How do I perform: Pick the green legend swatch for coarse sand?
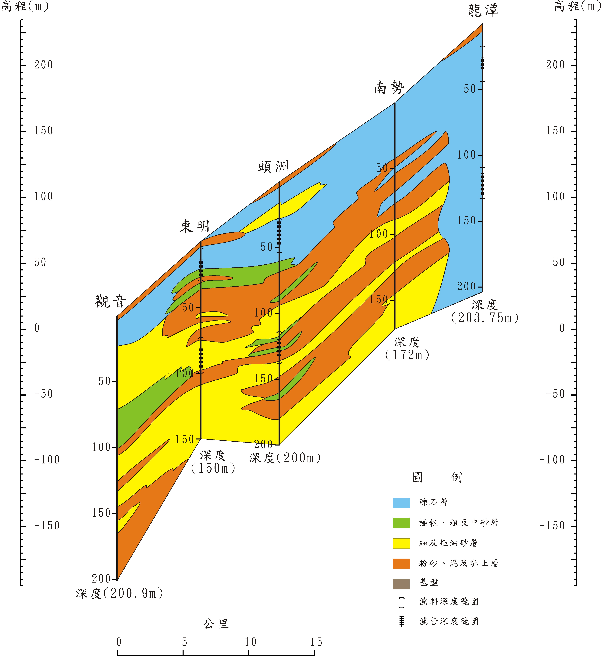pos(401,523)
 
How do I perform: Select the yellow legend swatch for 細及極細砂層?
pos(401,543)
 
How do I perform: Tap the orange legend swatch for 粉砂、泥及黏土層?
pos(401,563)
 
